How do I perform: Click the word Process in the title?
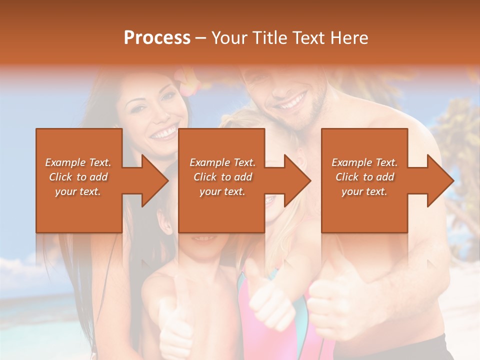(x=157, y=38)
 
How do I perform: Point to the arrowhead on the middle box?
(x=297, y=180)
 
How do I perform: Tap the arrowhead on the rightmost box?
(x=440, y=180)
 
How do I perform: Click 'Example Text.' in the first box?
(x=78, y=162)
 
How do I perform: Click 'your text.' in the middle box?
(x=222, y=191)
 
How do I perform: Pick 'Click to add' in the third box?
(x=364, y=177)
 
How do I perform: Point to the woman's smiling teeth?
(x=164, y=133)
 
